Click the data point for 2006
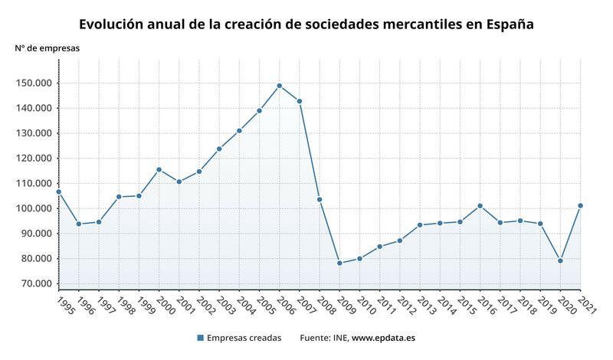point(279,86)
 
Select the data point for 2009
point(339,263)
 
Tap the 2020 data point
point(560,260)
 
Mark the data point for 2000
point(159,169)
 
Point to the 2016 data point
point(480,205)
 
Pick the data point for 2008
point(320,199)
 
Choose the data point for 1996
point(78,224)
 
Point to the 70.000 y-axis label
point(37,283)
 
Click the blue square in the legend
point(200,338)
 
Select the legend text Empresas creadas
point(244,338)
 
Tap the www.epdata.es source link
point(384,338)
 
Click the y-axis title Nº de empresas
point(47,47)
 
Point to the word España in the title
point(509,24)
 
